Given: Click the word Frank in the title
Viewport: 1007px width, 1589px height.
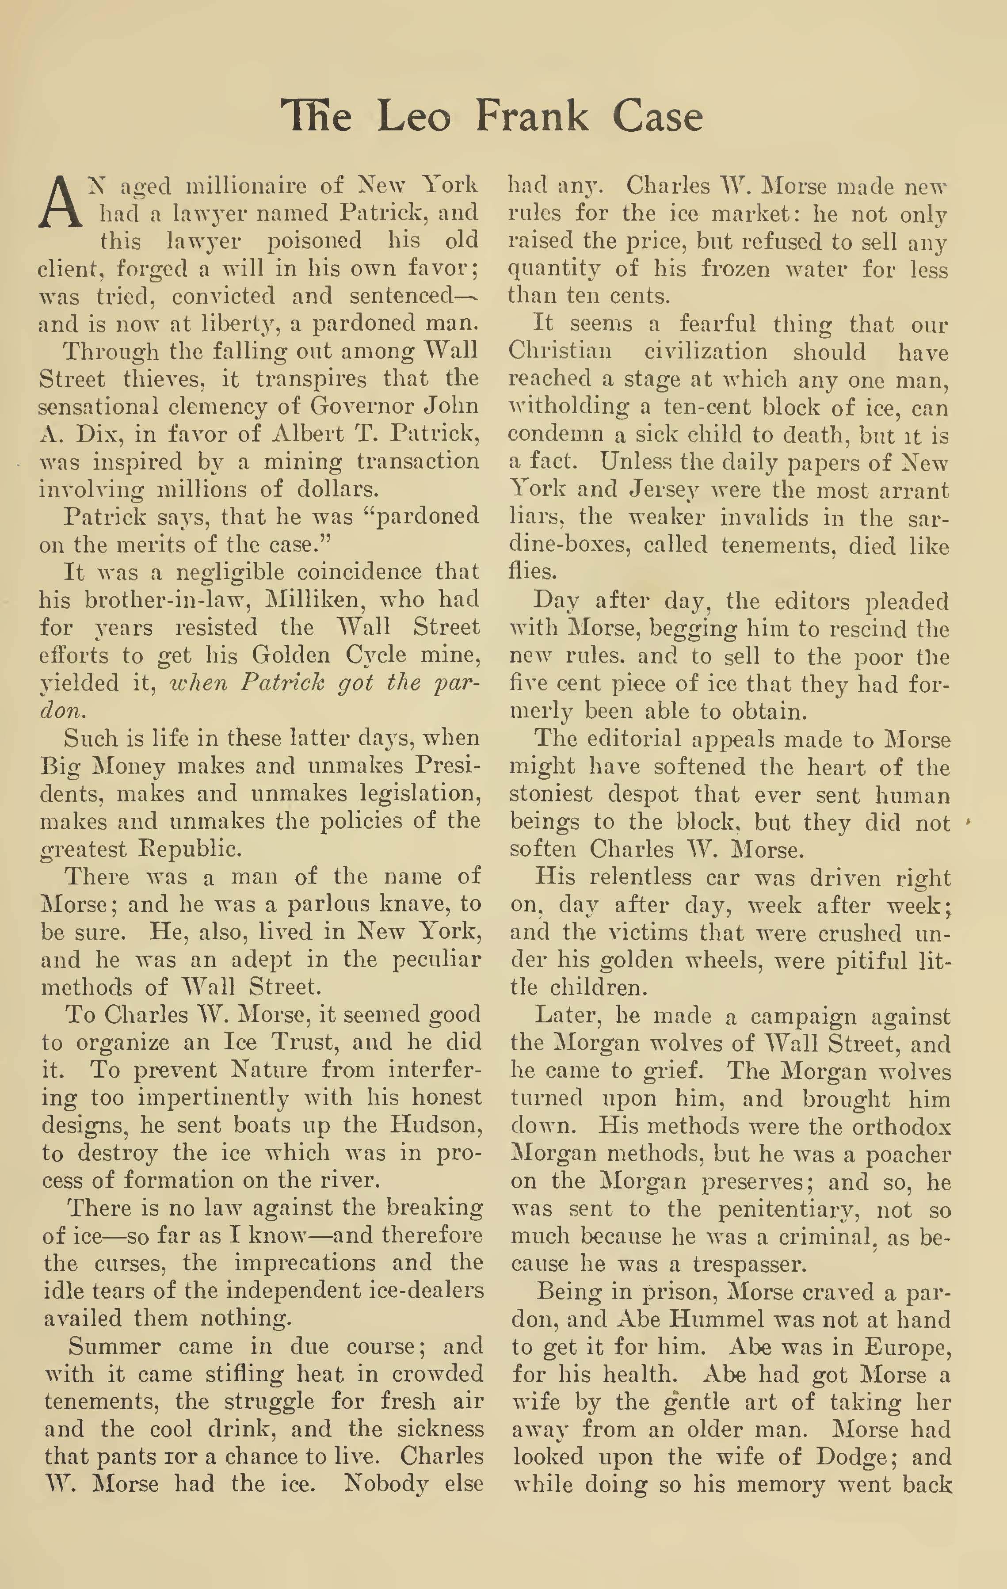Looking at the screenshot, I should (531, 117).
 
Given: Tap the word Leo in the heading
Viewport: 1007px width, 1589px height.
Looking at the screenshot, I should (414, 117).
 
